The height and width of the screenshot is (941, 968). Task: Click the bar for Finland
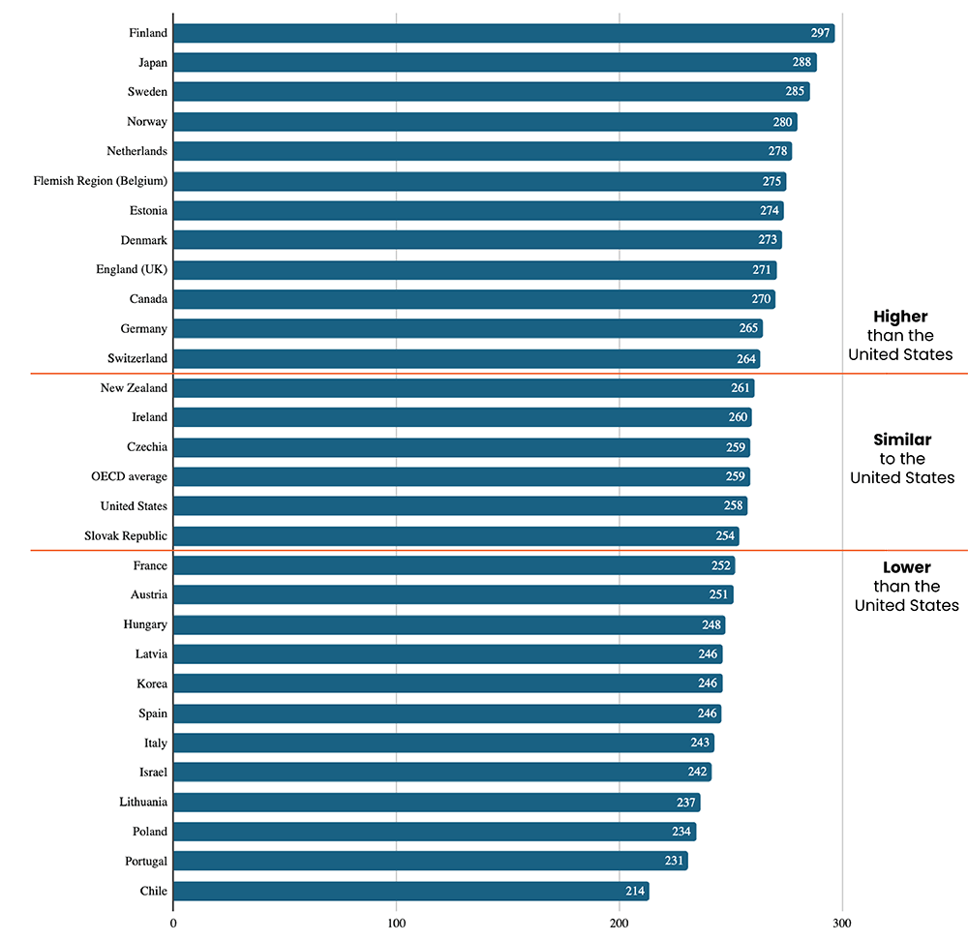(x=503, y=33)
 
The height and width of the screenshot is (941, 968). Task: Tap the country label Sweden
(x=147, y=92)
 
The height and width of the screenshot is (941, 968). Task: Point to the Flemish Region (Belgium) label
(x=100, y=181)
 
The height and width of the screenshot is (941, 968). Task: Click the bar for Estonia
(x=478, y=211)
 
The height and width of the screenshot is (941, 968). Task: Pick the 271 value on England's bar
(x=761, y=270)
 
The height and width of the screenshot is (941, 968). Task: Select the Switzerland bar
(x=467, y=359)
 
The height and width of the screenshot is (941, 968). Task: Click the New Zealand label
(x=134, y=388)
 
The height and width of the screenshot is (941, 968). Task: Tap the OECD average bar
(x=462, y=477)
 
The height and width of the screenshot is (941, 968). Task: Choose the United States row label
(x=134, y=506)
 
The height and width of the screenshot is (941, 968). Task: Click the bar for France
(x=454, y=566)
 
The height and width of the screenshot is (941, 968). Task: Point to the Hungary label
(x=145, y=624)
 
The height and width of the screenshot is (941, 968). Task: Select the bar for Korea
(x=447, y=684)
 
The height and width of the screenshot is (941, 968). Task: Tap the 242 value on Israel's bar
(x=696, y=773)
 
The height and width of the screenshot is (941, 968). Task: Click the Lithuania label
(x=143, y=803)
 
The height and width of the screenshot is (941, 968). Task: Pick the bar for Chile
(x=411, y=892)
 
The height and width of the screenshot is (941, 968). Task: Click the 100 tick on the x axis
(x=396, y=923)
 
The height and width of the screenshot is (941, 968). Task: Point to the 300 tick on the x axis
(x=842, y=923)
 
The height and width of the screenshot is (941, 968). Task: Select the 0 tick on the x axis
(x=173, y=923)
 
